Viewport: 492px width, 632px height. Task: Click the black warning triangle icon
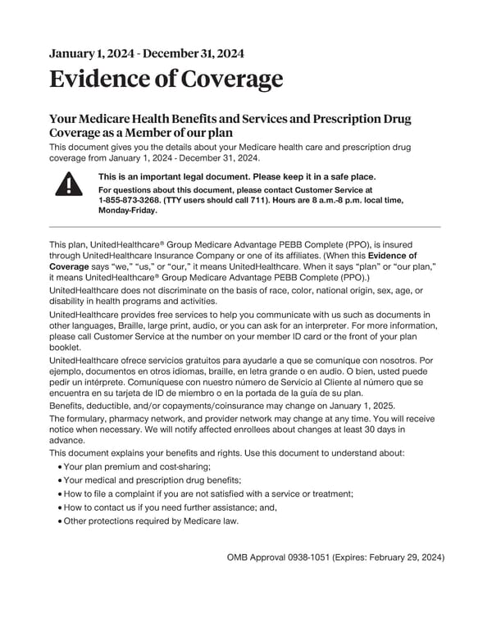pyautogui.click(x=69, y=184)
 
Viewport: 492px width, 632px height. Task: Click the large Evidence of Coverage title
pyautogui.click(x=166, y=80)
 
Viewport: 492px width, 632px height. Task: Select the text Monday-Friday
pyautogui.click(x=127, y=210)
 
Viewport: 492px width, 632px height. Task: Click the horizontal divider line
pyautogui.click(x=245, y=227)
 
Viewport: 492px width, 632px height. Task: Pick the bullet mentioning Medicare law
pyautogui.click(x=151, y=521)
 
